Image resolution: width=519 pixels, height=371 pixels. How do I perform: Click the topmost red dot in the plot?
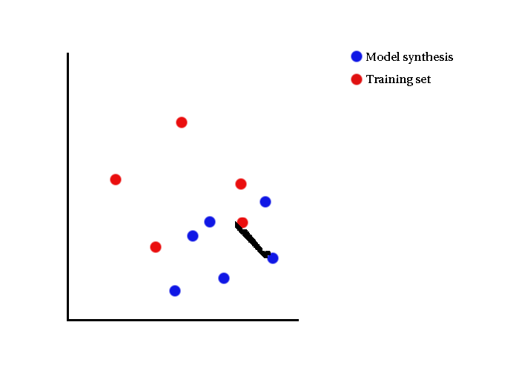[x=182, y=122]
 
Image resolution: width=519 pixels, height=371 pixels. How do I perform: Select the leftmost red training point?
[x=116, y=180]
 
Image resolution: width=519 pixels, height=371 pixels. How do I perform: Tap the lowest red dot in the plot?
[x=156, y=247]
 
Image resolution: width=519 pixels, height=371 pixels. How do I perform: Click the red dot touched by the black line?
[x=242, y=223]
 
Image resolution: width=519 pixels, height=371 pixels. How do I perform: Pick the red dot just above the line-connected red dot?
[x=241, y=184]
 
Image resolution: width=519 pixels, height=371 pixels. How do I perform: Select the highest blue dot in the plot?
[x=265, y=201]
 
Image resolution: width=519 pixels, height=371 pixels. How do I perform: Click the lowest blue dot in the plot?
[x=175, y=291]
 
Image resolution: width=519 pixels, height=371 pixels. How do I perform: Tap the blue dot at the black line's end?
[x=273, y=258]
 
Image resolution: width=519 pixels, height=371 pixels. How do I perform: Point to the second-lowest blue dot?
[x=224, y=278]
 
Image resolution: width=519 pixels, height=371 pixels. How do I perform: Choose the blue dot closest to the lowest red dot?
[x=193, y=236]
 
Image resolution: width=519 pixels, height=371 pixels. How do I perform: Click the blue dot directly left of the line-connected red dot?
[x=210, y=222]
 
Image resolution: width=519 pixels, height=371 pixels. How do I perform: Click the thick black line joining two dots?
[x=252, y=239]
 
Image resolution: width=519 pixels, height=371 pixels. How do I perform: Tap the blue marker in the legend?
[x=357, y=56]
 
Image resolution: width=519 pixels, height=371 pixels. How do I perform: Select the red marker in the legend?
[x=357, y=79]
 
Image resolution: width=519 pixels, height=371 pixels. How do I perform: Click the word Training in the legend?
[x=389, y=79]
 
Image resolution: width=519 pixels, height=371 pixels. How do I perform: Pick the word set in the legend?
[x=423, y=80]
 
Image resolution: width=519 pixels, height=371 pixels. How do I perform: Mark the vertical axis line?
[x=68, y=186]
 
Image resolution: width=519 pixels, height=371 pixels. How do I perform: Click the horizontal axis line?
[x=183, y=320]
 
